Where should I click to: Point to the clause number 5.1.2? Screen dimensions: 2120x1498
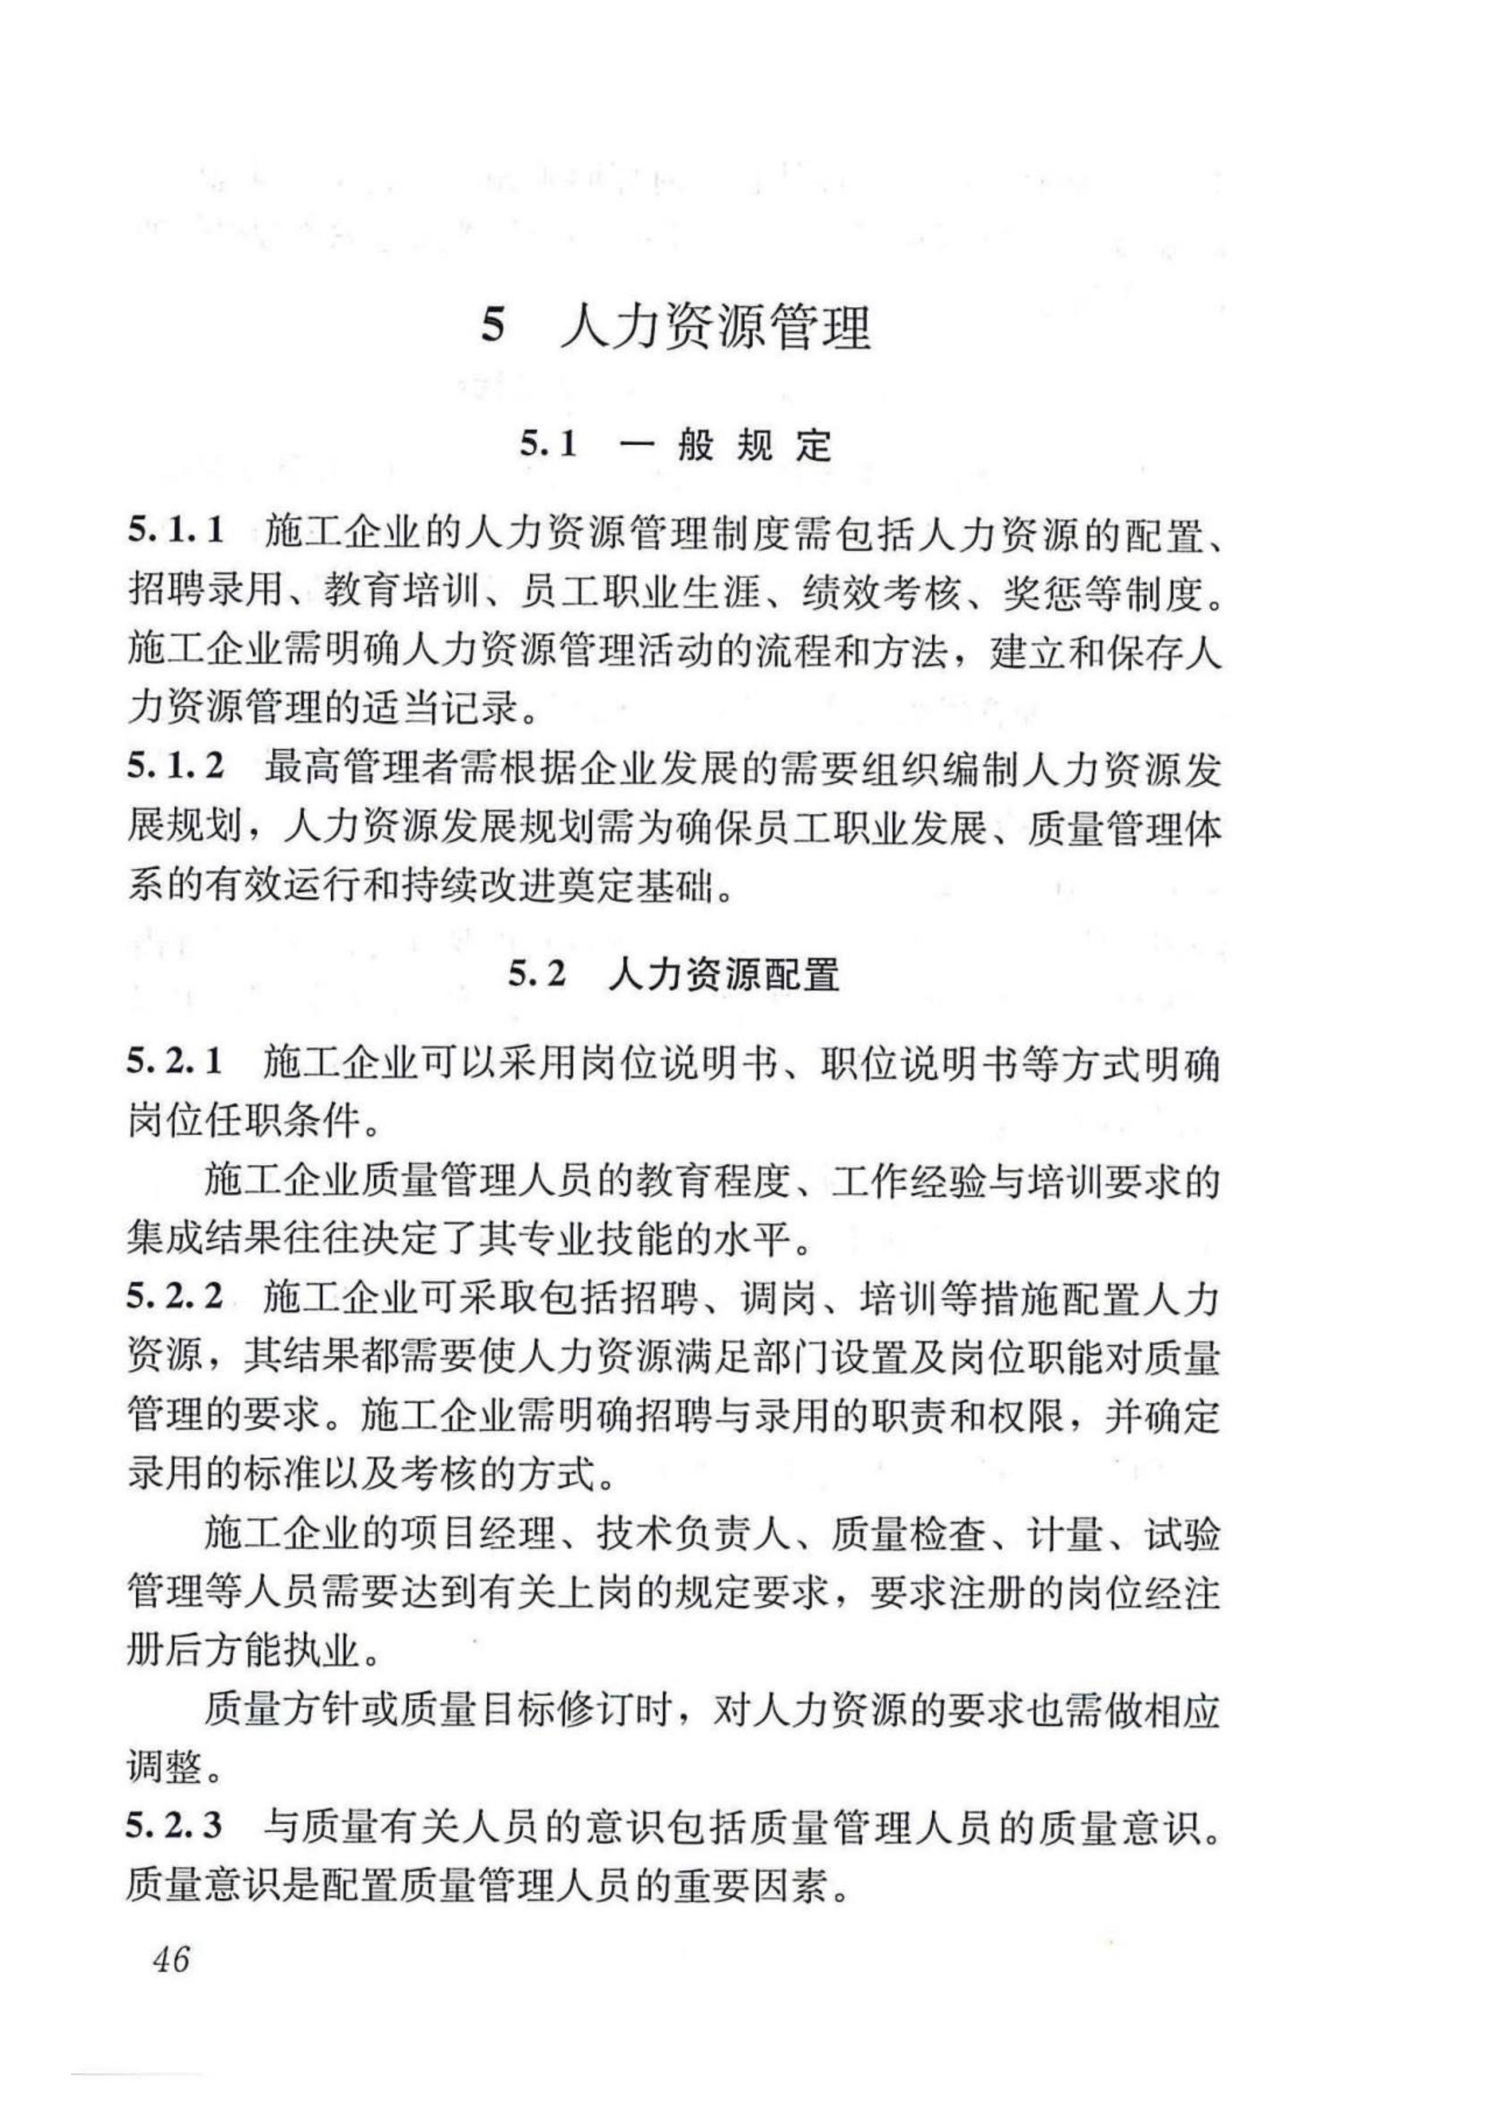[176, 767]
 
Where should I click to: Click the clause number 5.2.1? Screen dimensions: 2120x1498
[175, 1064]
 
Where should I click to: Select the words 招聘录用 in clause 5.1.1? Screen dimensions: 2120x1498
[204, 591]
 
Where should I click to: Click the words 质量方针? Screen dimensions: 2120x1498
[282, 1712]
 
